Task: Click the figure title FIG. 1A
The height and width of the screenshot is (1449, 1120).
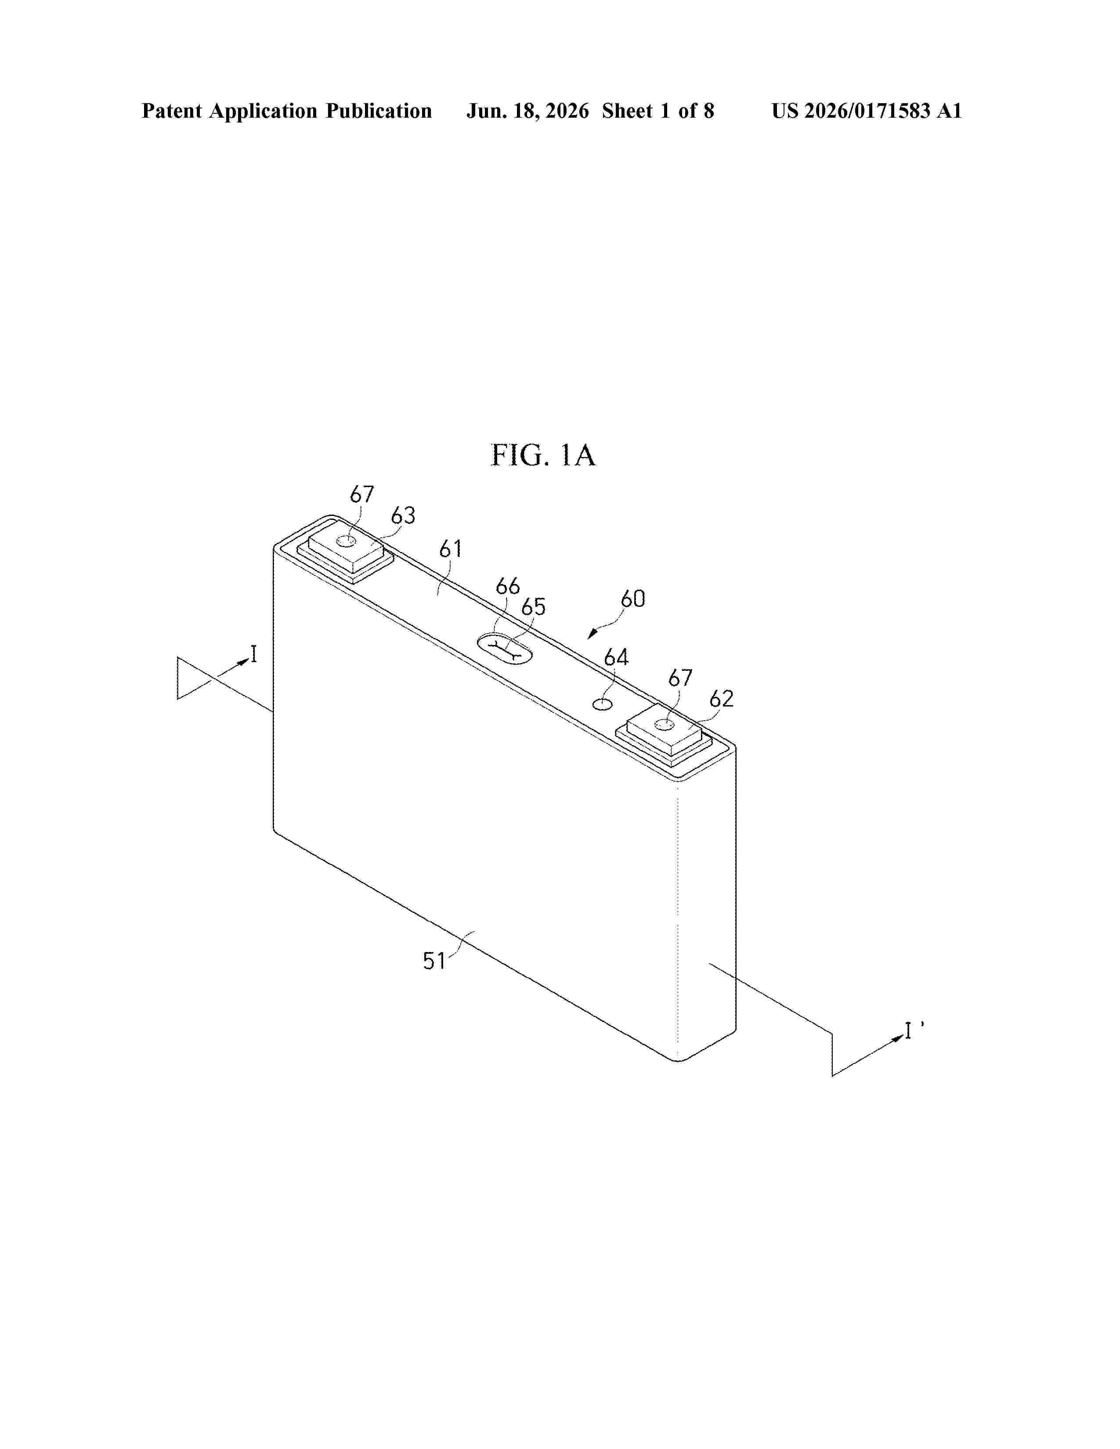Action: point(543,455)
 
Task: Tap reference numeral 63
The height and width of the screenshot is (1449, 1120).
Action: point(403,515)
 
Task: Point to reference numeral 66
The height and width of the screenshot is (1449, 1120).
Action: point(508,586)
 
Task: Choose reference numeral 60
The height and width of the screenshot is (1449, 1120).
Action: point(632,599)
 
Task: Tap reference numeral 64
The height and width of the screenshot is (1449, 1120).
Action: point(616,657)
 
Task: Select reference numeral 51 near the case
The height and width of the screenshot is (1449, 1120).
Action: point(434,961)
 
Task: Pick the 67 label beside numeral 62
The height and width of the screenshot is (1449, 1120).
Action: point(680,678)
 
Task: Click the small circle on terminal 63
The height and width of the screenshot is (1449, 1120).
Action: point(346,542)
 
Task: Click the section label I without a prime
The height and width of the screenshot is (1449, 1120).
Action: point(253,656)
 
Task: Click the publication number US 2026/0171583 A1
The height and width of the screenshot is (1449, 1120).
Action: point(867,111)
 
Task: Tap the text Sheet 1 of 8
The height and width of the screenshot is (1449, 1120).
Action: point(658,111)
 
